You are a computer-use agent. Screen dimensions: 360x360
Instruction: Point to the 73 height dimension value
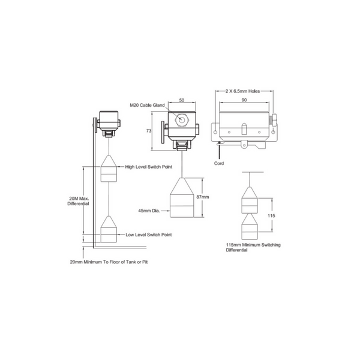tap(148, 130)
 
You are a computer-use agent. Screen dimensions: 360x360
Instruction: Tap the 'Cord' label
tap(220, 163)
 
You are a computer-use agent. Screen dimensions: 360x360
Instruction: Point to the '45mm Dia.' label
tap(149, 210)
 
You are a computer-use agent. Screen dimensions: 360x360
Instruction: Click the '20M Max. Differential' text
tap(78, 200)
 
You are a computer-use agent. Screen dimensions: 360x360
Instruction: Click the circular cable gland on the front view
tap(180, 119)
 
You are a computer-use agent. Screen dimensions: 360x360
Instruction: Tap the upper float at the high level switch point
tap(109, 169)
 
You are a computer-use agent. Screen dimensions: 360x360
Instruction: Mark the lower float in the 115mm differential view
tap(250, 228)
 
